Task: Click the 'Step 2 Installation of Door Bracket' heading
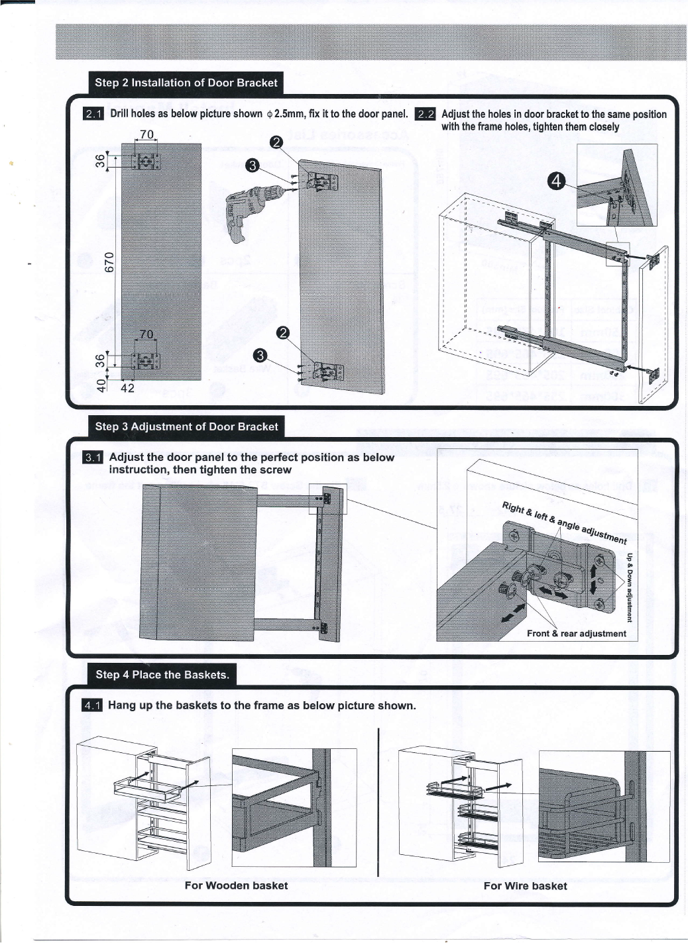pos(186,83)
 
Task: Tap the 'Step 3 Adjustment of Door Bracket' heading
pos(186,426)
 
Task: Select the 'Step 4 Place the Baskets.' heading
pos(162,675)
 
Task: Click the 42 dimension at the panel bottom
pos(127,388)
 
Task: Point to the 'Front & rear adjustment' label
pos(576,633)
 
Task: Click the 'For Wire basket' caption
pos(525,885)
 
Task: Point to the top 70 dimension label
pos(146,134)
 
